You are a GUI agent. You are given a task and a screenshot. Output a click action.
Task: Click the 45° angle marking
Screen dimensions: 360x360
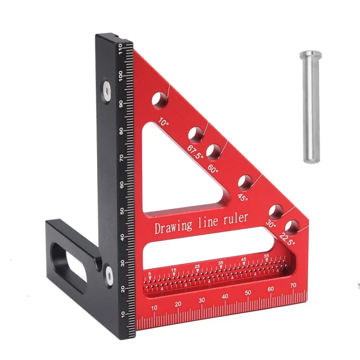(243, 196)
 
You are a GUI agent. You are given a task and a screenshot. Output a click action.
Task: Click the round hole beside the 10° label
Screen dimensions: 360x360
(160, 99)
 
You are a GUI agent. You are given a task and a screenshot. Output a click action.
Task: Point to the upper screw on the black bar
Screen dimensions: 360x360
(106, 91)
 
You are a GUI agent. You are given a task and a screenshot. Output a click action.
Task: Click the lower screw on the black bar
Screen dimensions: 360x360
(109, 274)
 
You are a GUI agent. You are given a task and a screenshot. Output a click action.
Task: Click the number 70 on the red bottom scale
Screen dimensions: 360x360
(293, 286)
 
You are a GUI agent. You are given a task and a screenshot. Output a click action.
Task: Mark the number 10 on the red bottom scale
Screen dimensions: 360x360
(155, 308)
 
